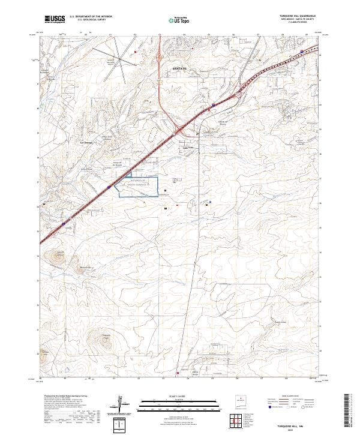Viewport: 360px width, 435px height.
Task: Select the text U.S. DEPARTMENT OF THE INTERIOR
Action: coord(91,16)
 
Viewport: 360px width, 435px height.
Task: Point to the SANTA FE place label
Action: coord(180,69)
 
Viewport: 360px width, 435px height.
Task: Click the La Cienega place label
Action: coord(86,142)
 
